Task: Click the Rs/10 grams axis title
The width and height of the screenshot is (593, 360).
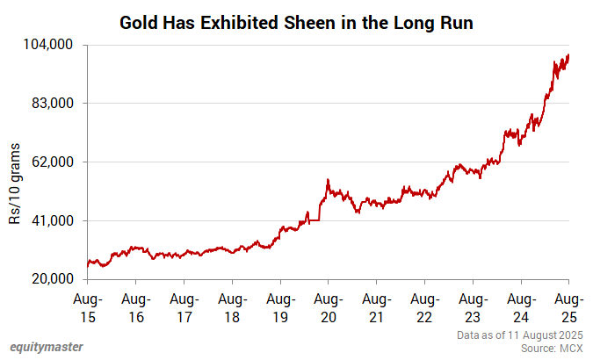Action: (15, 185)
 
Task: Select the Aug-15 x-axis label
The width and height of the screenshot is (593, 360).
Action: (88, 307)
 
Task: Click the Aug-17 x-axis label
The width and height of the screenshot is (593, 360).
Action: (184, 307)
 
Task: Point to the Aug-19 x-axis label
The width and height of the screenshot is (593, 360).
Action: (280, 307)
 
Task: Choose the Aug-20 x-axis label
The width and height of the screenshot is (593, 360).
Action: (328, 307)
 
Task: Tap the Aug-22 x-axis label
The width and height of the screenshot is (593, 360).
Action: (424, 307)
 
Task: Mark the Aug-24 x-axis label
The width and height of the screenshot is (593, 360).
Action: (521, 307)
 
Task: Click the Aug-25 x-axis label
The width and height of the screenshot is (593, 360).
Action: (568, 307)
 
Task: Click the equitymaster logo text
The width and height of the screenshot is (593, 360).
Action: (47, 346)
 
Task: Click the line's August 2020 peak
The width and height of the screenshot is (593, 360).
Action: (328, 180)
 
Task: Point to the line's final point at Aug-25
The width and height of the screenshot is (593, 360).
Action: (568, 55)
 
